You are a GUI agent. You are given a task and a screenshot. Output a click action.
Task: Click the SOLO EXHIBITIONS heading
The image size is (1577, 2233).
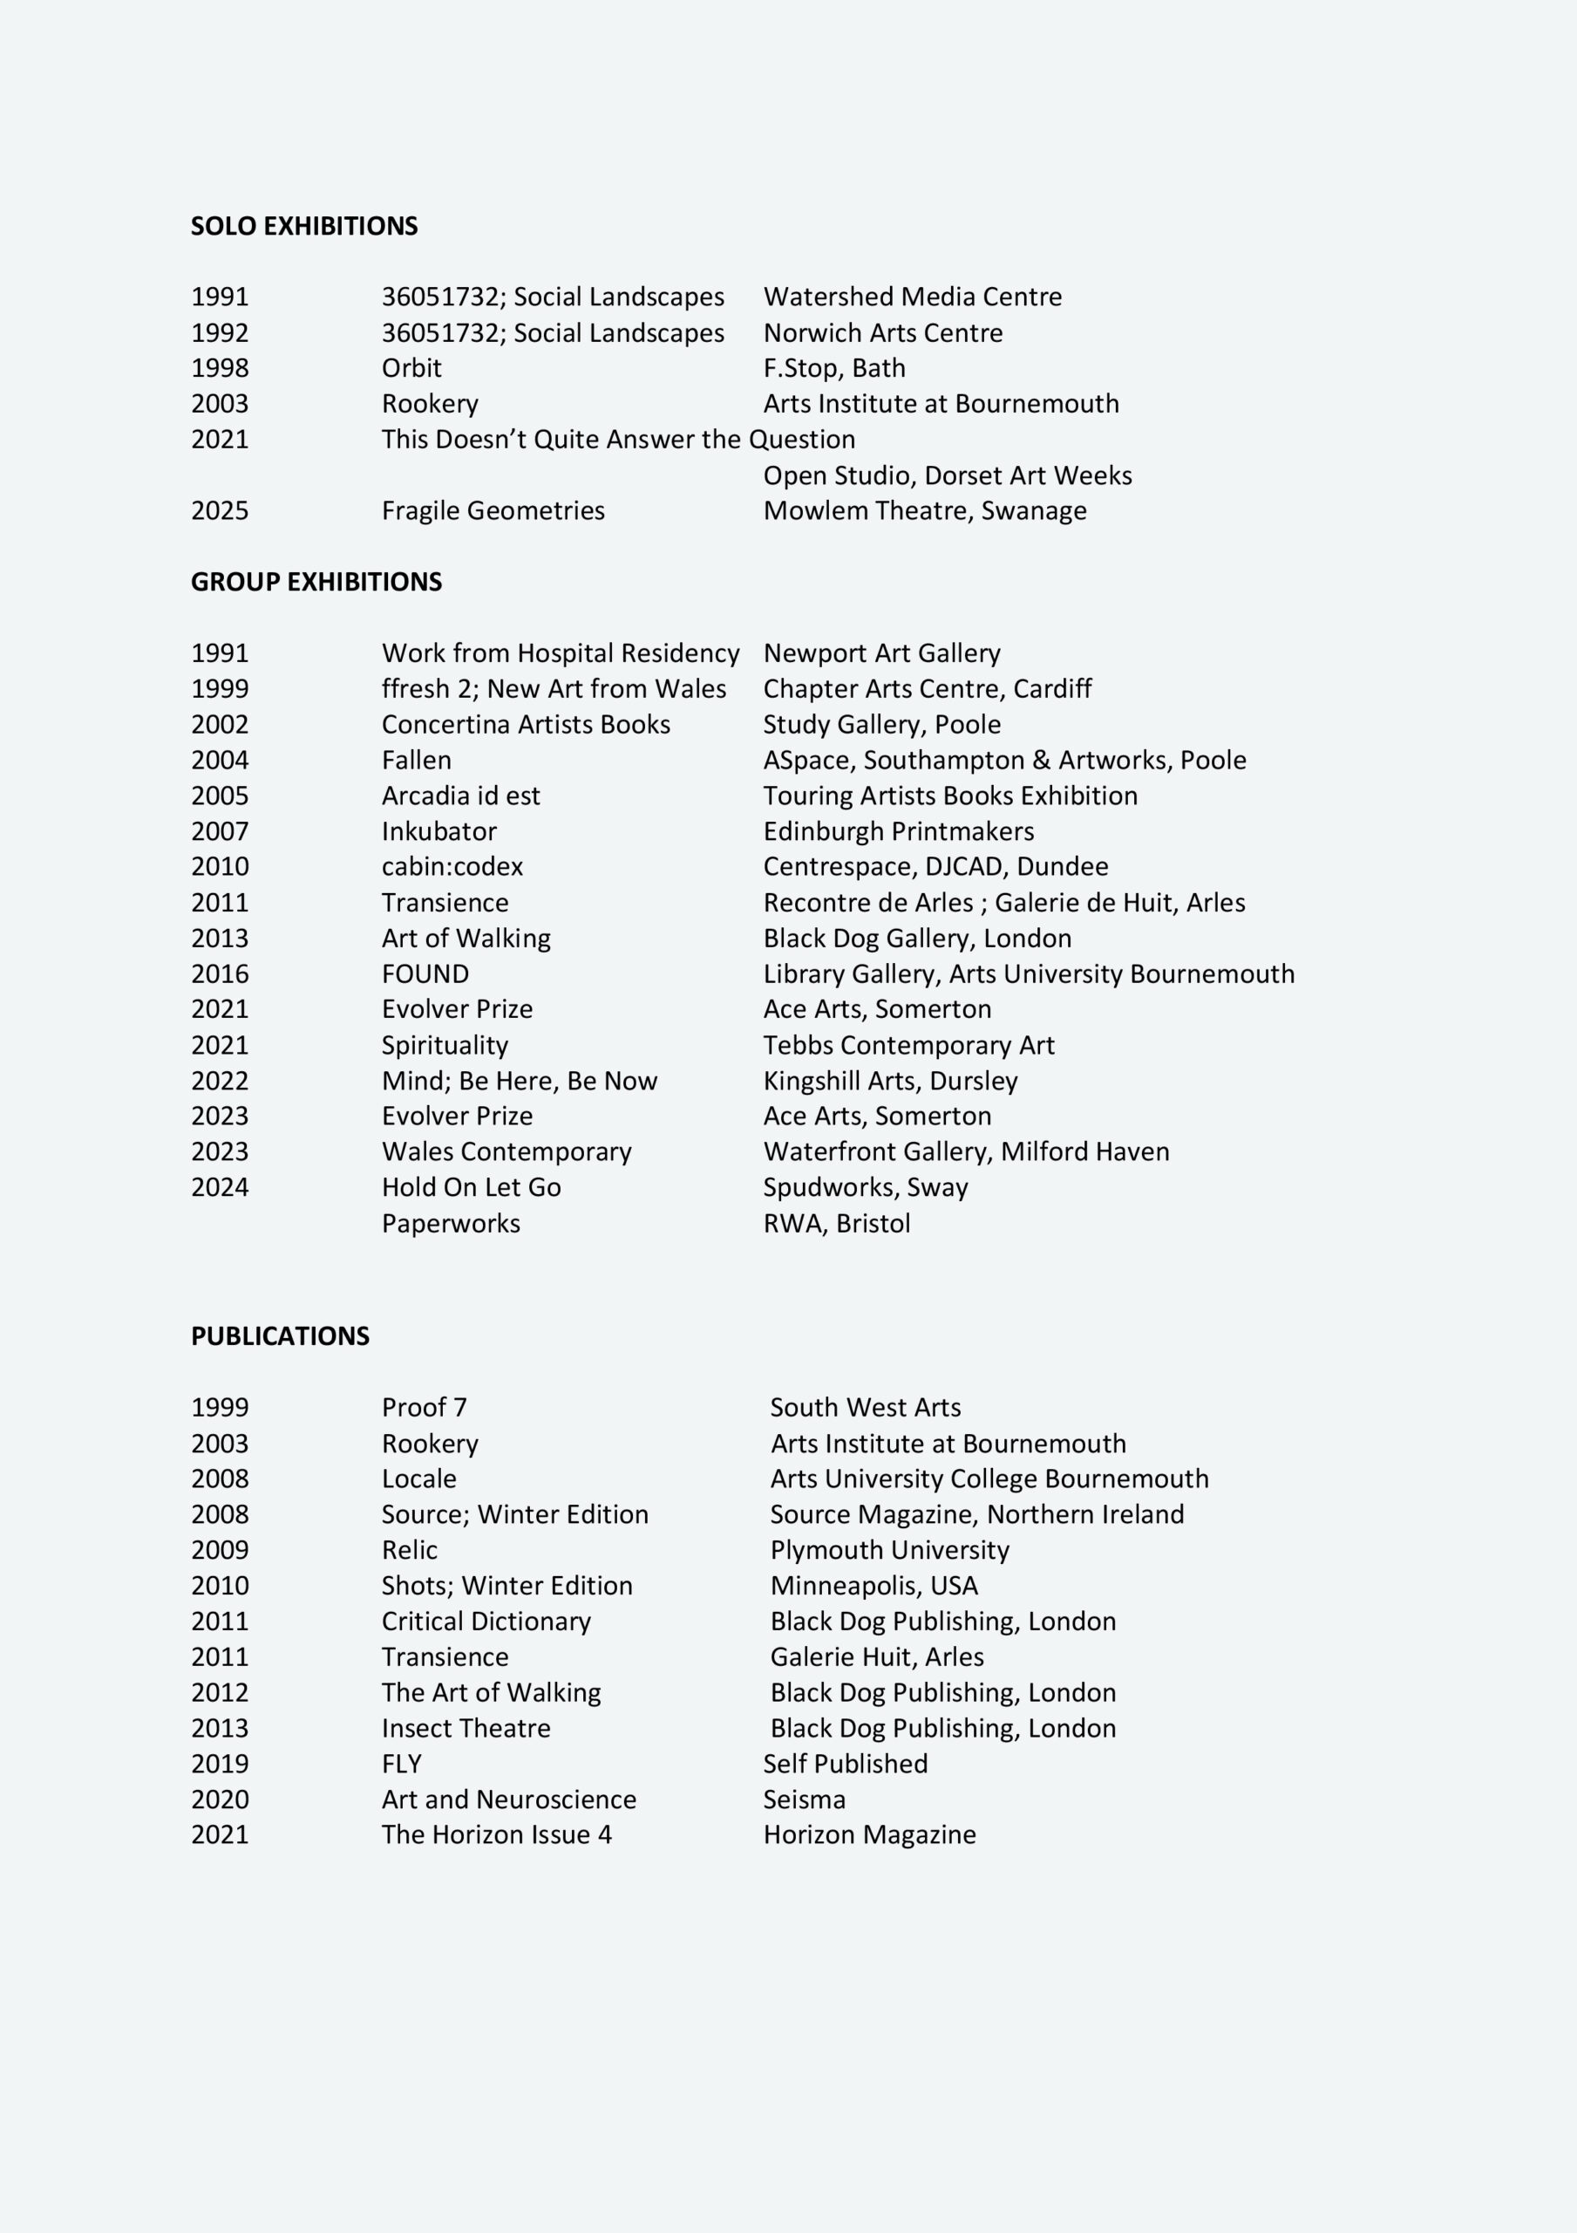[x=303, y=226]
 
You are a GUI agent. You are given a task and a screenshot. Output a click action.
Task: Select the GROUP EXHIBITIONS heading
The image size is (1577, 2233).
[x=316, y=582]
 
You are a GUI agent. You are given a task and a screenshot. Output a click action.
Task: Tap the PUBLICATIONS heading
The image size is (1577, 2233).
[x=280, y=1335]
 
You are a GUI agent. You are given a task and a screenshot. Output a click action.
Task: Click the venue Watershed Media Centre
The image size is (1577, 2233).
[x=912, y=297]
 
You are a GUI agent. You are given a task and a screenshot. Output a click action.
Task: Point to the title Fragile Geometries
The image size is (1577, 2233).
[x=493, y=510]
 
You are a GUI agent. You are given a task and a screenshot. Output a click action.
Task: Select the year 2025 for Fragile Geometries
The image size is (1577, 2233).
[x=220, y=510]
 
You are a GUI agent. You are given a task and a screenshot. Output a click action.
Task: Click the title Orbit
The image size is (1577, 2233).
[x=411, y=367]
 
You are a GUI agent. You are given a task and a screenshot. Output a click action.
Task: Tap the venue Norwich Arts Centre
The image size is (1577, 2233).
[x=883, y=332]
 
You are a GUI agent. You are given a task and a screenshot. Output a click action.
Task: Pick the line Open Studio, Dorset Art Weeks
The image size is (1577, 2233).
[x=947, y=475]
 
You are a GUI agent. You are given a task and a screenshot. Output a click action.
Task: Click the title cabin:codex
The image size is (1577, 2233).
[x=452, y=866]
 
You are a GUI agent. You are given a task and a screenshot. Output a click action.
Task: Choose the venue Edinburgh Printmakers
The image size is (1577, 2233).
[x=899, y=831]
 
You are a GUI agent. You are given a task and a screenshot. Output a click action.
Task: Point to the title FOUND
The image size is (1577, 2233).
[x=425, y=973]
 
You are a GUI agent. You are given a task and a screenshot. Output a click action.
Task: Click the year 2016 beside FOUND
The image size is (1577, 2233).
[x=220, y=973]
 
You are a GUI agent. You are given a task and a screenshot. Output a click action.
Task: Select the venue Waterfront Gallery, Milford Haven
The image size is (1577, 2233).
[x=965, y=1151]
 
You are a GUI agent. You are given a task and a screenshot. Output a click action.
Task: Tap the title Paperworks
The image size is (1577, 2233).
[x=450, y=1224]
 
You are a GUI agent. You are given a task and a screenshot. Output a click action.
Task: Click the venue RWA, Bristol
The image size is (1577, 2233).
[x=836, y=1224]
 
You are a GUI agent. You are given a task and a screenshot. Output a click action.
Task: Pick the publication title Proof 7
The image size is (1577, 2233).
[x=424, y=1407]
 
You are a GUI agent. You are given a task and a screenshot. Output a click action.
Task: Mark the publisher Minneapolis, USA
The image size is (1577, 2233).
[x=873, y=1585]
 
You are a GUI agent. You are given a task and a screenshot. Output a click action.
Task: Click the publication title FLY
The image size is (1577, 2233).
[x=402, y=1763]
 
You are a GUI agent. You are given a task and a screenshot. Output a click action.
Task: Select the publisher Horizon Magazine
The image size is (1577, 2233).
[x=869, y=1834]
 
